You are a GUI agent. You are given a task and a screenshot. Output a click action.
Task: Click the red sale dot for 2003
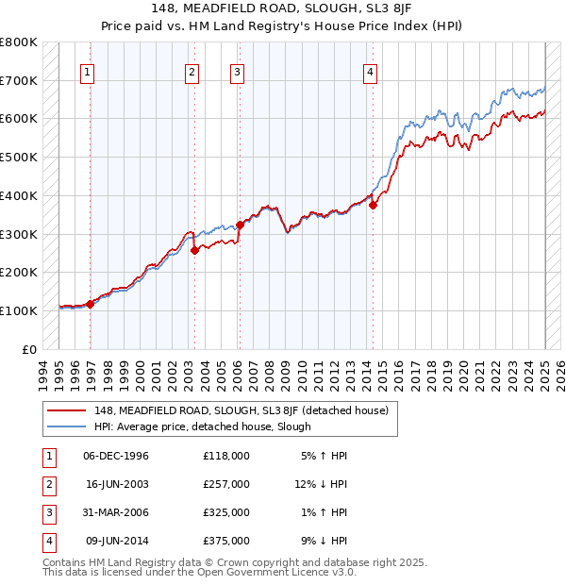click(x=194, y=250)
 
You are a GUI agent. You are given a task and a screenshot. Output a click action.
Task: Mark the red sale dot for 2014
click(x=374, y=205)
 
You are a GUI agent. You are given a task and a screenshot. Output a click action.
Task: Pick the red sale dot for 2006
click(x=240, y=225)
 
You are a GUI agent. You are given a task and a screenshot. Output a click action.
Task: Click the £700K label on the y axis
click(x=18, y=81)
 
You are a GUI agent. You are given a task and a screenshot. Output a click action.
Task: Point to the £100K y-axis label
click(x=18, y=310)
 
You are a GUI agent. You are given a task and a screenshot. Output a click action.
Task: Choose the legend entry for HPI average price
click(x=202, y=426)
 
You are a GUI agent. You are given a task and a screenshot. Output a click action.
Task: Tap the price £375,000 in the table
click(x=226, y=541)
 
